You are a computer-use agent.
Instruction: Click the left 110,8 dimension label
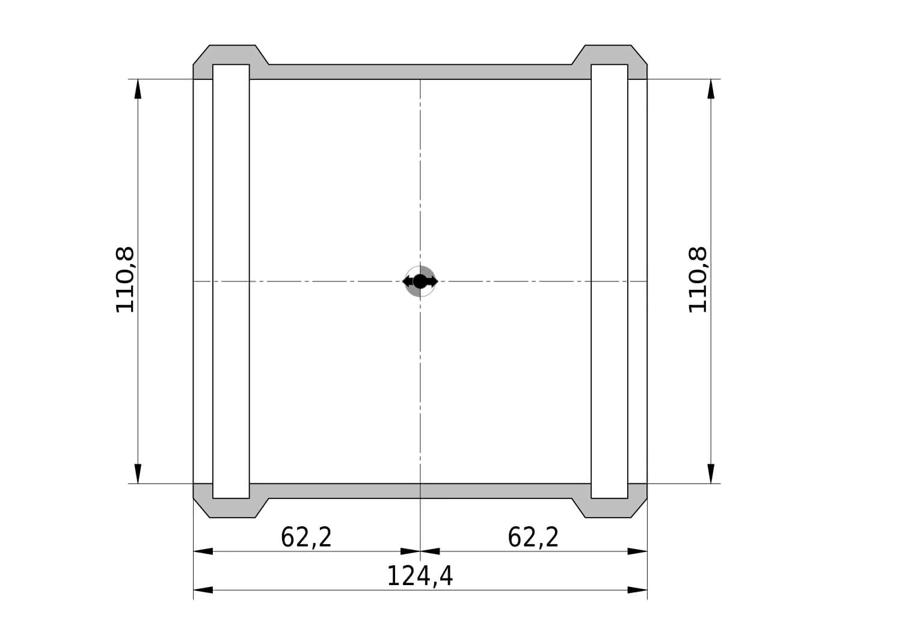click(x=125, y=280)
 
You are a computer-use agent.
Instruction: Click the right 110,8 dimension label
click(x=698, y=280)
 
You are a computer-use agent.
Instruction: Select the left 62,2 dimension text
click(x=306, y=537)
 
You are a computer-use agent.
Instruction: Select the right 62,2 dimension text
click(x=533, y=537)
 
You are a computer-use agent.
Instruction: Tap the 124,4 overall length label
click(x=420, y=576)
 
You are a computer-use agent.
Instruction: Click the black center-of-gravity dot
click(x=420, y=281)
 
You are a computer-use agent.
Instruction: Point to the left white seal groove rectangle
click(x=231, y=281)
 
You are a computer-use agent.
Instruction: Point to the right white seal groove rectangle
click(x=609, y=281)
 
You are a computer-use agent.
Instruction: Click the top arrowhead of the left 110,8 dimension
click(x=138, y=88)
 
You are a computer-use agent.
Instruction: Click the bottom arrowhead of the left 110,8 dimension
click(x=138, y=474)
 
